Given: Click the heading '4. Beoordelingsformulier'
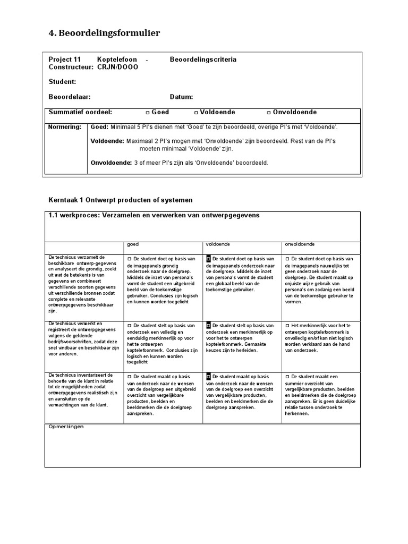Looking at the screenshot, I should click(104, 33).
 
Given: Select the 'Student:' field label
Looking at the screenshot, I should click(62, 82).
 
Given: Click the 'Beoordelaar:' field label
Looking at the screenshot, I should click(70, 97).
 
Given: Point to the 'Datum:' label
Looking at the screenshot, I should click(181, 97).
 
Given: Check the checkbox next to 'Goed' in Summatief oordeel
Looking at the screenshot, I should click(147, 113).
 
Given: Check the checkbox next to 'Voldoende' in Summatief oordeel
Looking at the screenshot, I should click(195, 113).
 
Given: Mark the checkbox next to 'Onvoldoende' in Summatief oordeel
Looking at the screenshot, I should click(269, 113).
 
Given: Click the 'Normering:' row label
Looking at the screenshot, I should click(65, 127).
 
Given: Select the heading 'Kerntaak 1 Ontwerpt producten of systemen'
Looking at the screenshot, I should click(121, 200).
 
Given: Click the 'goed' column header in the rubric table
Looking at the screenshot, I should click(133, 244).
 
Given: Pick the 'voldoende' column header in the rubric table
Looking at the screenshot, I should click(217, 244).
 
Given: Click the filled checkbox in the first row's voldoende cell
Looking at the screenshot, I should click(208, 259).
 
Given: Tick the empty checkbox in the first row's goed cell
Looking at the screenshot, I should click(129, 259).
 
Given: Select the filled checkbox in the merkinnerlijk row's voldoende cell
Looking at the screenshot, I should click(208, 325).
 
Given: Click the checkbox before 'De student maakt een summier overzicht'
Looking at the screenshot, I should click(287, 376).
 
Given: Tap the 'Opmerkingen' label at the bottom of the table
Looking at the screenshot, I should click(66, 427).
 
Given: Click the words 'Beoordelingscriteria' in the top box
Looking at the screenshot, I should click(203, 60).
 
